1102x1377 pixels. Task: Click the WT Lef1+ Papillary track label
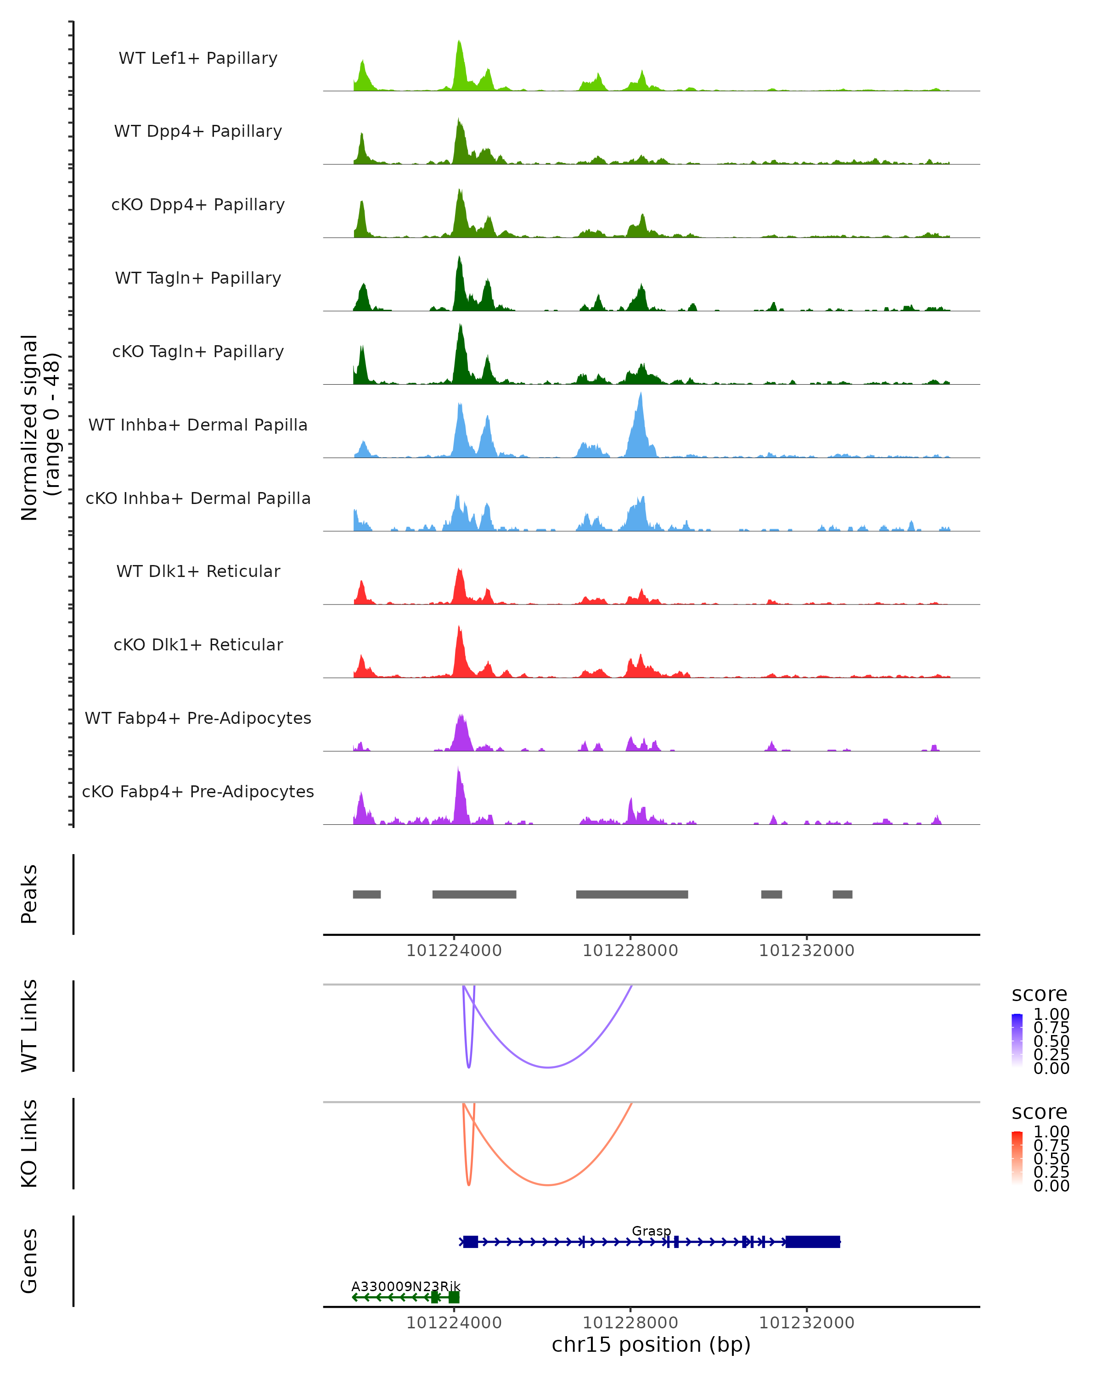click(x=198, y=58)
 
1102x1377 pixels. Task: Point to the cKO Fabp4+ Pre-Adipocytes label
click(x=198, y=791)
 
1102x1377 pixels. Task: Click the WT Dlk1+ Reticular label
click(x=198, y=571)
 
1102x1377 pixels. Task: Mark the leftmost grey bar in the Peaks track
click(x=367, y=894)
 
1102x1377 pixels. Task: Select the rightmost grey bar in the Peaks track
click(x=842, y=894)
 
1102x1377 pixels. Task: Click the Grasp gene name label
click(x=651, y=1231)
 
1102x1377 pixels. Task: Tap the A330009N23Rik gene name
click(x=405, y=1286)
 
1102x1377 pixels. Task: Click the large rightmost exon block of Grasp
click(x=813, y=1242)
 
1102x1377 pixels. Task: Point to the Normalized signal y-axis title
click(x=39, y=427)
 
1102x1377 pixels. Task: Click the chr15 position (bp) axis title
click(x=651, y=1344)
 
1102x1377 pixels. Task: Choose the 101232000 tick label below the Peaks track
click(x=806, y=951)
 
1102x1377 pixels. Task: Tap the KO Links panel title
click(x=29, y=1143)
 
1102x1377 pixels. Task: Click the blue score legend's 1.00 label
click(x=1051, y=1014)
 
